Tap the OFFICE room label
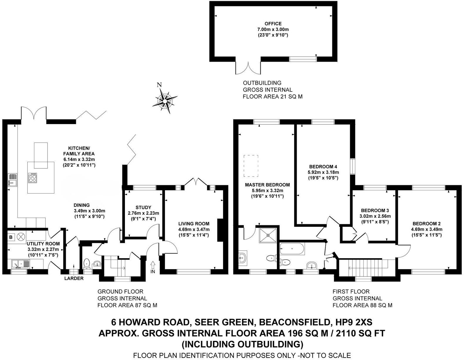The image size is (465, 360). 273,24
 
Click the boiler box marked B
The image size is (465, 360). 11,237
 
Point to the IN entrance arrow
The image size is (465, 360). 153,267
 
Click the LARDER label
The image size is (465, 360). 74,279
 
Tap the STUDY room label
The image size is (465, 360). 143,207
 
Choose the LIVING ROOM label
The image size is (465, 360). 194,224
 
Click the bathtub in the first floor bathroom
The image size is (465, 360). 292,249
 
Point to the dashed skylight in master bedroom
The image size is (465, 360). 251,166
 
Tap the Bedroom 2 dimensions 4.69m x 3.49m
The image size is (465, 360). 426,229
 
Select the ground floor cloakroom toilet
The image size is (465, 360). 87,263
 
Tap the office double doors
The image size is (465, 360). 248,68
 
